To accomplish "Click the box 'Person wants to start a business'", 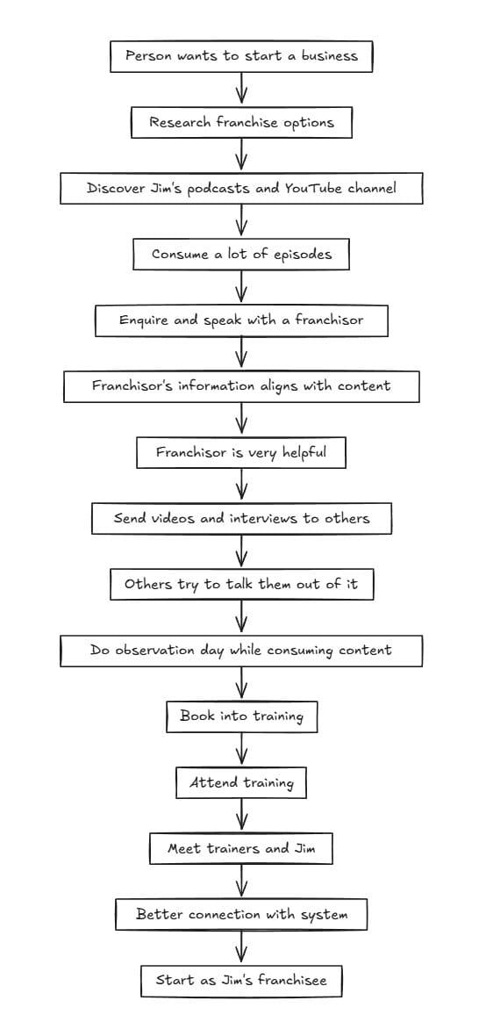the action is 241,56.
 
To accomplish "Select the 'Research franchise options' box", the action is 241,122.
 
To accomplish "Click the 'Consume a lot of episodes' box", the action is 241,255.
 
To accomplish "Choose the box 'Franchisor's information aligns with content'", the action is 241,386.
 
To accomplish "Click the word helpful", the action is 304,453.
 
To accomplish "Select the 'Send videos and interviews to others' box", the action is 241,519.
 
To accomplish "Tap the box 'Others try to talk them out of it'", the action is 241,585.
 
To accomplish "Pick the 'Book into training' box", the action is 241,716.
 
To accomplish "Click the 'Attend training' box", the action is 241,782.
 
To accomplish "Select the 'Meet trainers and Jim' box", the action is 241,849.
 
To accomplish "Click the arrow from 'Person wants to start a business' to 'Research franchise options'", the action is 241,89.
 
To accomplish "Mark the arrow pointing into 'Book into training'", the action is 241,684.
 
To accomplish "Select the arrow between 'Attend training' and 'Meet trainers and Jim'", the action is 241,816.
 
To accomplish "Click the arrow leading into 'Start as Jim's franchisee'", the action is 241,947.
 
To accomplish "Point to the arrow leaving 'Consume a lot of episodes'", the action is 241,287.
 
